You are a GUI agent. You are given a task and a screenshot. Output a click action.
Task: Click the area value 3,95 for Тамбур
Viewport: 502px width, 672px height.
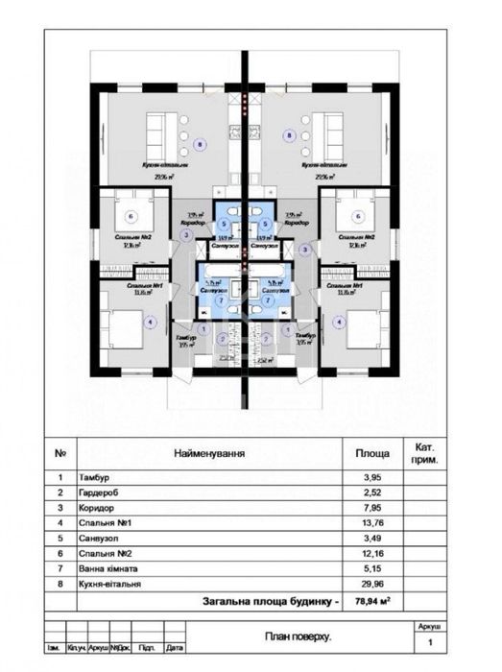(x=372, y=476)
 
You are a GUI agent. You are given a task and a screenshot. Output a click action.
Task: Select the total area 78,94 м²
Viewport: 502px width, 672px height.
(x=372, y=601)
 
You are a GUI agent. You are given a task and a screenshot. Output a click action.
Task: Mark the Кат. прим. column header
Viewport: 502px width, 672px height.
(x=425, y=452)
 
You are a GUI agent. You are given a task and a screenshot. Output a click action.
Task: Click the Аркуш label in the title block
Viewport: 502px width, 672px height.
(x=429, y=625)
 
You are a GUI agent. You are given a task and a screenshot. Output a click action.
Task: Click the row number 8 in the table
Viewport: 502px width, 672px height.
(x=60, y=584)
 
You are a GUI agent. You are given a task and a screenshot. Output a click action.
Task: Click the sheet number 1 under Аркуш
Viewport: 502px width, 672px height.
(x=429, y=642)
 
